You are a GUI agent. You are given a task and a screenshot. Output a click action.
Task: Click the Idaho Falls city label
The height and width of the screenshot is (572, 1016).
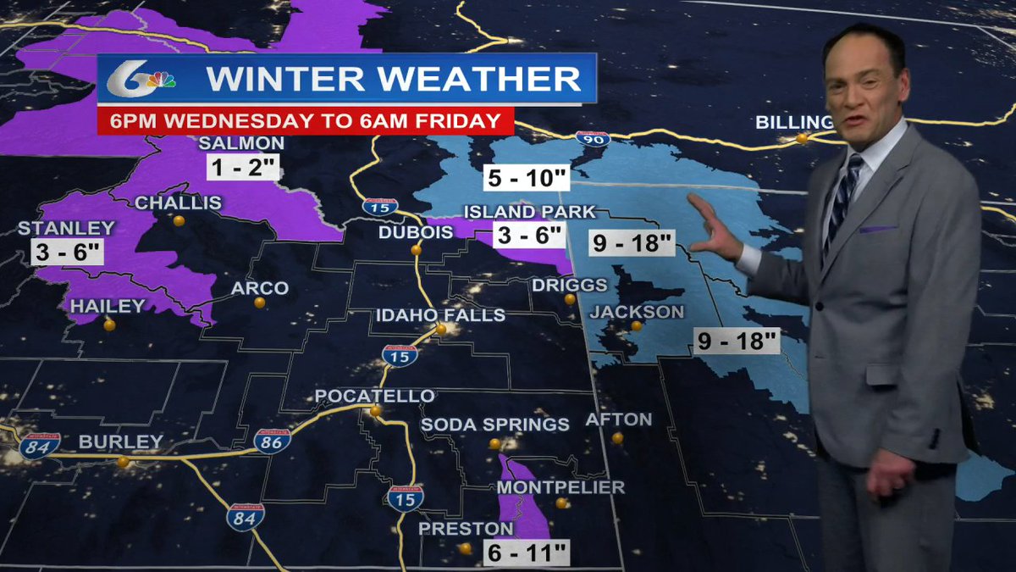[x=440, y=315]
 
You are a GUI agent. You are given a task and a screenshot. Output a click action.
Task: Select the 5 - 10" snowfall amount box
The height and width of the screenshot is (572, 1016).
[x=525, y=179]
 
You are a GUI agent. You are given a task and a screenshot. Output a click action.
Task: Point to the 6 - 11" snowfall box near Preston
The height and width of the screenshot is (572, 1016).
[x=526, y=553]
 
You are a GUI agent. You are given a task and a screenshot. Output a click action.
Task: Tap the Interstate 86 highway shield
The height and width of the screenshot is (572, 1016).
[x=272, y=440]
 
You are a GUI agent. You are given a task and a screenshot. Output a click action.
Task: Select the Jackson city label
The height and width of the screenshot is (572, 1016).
[x=636, y=312]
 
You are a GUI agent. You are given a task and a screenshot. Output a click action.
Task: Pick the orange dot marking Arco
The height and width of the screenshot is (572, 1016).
[x=259, y=303]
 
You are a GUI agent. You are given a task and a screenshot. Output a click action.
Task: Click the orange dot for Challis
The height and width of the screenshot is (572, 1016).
[x=179, y=220]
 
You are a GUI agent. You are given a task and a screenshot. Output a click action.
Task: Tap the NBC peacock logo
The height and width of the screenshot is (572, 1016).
[x=161, y=81]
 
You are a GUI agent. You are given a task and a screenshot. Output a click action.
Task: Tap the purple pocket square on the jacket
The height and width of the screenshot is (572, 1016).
[x=878, y=228]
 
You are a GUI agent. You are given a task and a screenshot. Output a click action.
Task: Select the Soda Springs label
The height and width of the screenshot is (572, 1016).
[x=494, y=424]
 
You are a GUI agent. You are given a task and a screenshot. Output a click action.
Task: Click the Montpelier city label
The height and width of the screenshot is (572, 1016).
[x=560, y=487]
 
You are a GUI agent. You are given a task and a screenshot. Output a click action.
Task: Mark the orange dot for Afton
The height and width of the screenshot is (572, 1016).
[x=617, y=438]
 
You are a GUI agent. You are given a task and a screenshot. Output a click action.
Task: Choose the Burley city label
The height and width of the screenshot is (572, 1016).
[x=120, y=441]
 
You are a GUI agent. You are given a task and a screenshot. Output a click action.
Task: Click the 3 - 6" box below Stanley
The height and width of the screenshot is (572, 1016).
[x=69, y=252]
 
